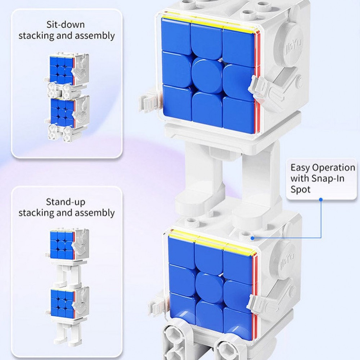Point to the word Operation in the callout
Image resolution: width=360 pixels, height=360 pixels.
click(x=333, y=168)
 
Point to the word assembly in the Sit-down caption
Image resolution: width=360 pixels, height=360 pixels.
click(x=95, y=36)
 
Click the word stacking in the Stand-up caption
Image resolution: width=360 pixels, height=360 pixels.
click(x=36, y=213)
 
